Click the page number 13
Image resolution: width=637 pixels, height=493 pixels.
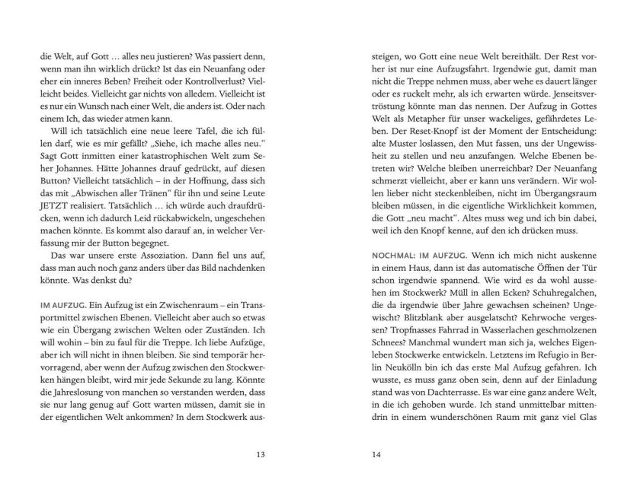(x=260, y=456)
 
